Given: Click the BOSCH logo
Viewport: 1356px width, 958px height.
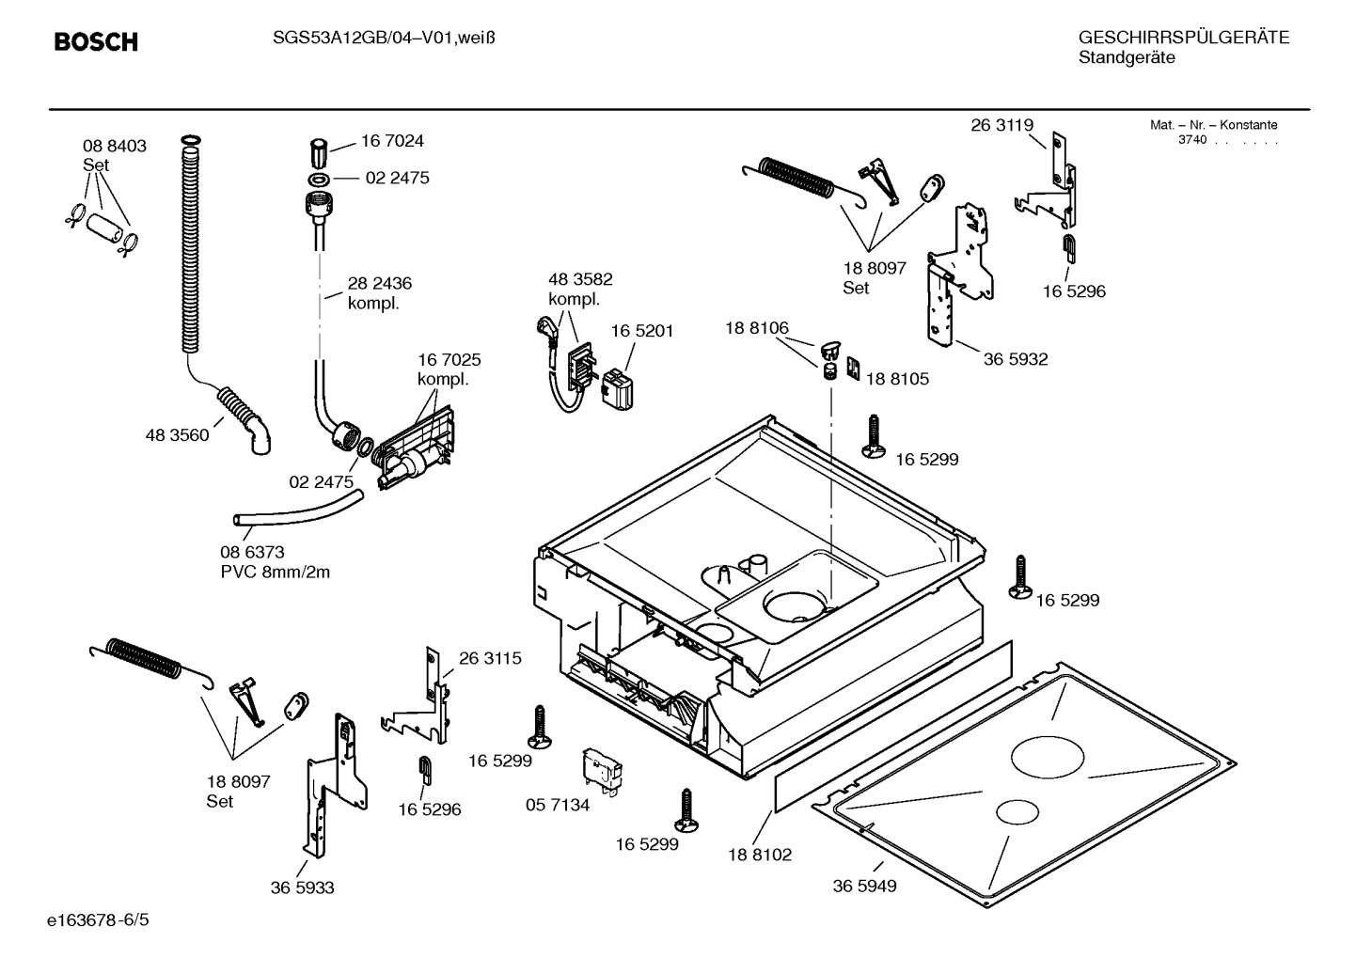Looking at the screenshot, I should (96, 42).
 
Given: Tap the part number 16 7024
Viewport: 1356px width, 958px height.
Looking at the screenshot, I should (392, 141).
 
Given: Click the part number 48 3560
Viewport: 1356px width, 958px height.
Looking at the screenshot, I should (177, 435).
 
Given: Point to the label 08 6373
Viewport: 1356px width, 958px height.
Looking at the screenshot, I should (252, 553).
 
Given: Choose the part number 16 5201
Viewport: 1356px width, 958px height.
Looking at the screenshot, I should (642, 331).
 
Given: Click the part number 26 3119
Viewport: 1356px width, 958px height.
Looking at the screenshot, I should (1001, 125).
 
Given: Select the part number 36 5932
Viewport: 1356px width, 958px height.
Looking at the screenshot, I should (1016, 359).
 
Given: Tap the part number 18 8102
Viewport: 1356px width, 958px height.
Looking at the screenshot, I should (760, 855).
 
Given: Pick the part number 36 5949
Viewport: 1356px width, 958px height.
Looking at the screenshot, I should (864, 886).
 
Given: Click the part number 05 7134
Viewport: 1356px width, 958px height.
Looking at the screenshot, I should (558, 805).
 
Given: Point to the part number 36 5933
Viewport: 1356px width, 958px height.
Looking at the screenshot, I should (302, 887).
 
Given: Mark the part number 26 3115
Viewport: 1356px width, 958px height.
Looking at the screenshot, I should (490, 658).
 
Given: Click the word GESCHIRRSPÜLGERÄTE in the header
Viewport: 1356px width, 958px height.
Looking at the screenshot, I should (1183, 38).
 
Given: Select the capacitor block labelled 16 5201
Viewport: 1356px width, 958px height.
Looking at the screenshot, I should (617, 388).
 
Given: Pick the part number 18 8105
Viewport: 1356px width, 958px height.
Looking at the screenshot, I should (897, 379).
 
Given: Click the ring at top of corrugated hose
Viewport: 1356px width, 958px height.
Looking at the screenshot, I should (189, 141).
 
